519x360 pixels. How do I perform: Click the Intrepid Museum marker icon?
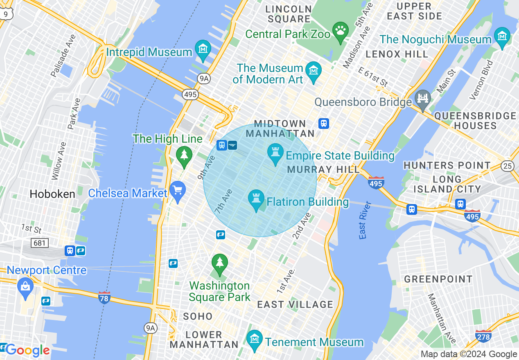[203, 49]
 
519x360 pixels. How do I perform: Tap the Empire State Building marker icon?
[275, 153]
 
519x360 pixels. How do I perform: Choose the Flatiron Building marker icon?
[257, 199]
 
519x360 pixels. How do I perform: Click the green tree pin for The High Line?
[184, 156]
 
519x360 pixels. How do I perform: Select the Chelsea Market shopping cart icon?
[178, 191]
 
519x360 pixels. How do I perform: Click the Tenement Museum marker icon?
[255, 339]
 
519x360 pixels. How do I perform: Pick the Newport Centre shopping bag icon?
[25, 286]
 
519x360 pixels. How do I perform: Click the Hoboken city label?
[52, 194]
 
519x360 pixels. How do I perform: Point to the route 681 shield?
[40, 243]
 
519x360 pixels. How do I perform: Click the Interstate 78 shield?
[104, 297]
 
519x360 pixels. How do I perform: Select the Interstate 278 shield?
[483, 336]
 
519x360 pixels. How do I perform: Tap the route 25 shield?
[508, 166]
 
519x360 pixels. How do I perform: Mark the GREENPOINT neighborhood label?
[438, 279]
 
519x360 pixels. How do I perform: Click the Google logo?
[27, 350]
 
